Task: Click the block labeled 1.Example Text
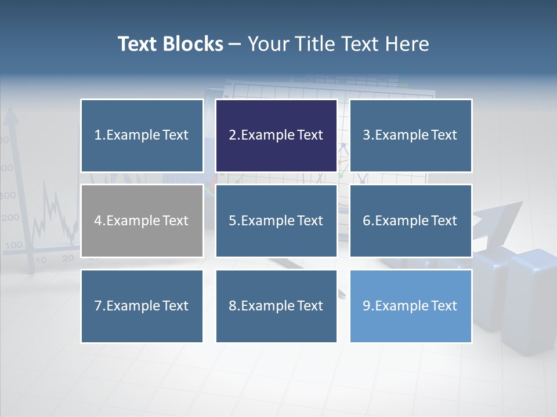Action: click(142, 136)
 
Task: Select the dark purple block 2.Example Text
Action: click(276, 136)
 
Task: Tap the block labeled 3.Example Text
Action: click(410, 136)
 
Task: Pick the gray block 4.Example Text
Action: click(142, 221)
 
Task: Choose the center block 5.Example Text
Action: click(276, 221)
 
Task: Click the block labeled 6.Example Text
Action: click(410, 221)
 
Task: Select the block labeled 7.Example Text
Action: click(142, 306)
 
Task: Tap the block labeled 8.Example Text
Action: click(276, 306)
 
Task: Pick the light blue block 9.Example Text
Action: click(410, 306)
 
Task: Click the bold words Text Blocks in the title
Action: click(170, 44)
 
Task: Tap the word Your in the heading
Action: click(268, 44)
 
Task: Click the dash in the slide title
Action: click(235, 45)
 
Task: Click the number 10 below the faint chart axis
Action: click(41, 260)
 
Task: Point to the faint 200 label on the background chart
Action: click(10, 218)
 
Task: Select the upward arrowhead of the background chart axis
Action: click(11, 117)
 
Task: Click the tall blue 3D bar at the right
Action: click(531, 301)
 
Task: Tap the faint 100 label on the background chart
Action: click(13, 245)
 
